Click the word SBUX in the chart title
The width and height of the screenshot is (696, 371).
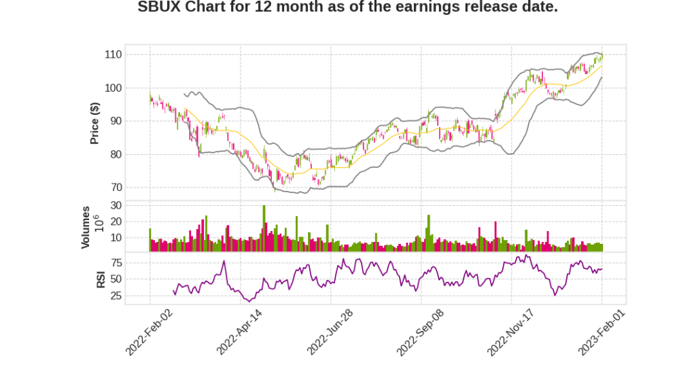pos(159,7)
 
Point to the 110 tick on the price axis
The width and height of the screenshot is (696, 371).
pos(112,54)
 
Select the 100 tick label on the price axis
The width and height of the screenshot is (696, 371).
pos(112,88)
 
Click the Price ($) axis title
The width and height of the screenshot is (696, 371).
pos(95,122)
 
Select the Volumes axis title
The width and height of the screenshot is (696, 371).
pos(86,227)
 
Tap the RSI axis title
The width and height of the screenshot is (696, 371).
pos(100,279)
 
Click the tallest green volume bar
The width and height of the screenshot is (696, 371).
pos(264,228)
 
